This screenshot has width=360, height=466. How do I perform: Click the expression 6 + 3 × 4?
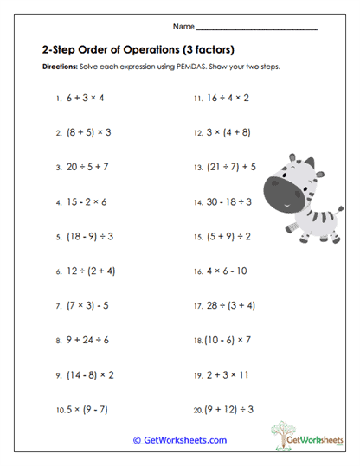[x=84, y=99]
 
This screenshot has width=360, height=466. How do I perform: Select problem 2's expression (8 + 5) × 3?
[x=89, y=133]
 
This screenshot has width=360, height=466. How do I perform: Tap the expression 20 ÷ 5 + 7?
[x=86, y=167]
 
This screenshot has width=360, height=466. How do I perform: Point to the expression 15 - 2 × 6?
[x=85, y=201]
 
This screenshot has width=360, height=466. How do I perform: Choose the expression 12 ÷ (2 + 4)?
[x=92, y=271]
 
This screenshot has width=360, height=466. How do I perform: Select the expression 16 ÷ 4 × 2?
[x=227, y=99]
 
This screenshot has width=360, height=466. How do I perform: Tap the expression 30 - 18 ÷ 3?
[x=228, y=201]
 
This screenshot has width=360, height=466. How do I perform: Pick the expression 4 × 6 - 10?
[x=227, y=271]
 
